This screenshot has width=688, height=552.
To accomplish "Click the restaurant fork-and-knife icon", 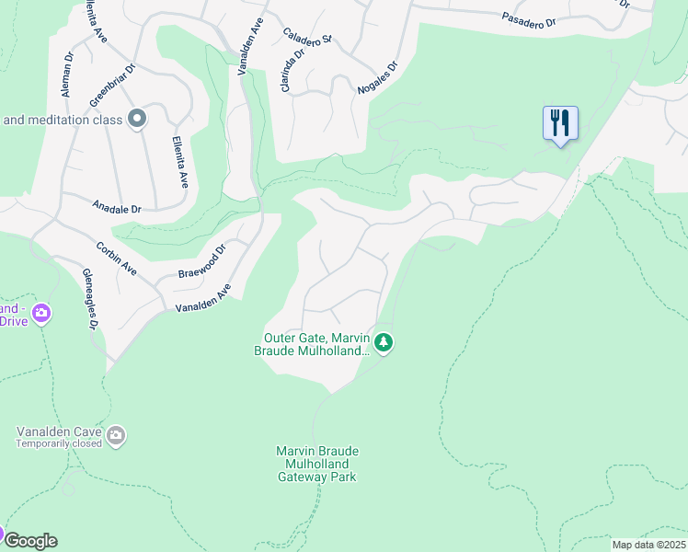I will tap(560, 122).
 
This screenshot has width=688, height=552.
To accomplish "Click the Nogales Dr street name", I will tap(378, 79).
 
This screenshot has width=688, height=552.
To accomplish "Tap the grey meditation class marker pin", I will tap(138, 119).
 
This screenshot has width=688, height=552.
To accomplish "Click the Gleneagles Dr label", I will tap(90, 300).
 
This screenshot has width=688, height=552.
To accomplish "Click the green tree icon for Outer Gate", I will tap(384, 343).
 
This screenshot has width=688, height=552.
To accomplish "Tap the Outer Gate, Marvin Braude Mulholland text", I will tap(312, 343).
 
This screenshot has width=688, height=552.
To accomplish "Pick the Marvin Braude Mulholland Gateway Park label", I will tap(316, 464).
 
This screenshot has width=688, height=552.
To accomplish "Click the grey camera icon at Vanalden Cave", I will tap(116, 434).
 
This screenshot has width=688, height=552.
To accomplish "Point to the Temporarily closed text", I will tap(58, 443).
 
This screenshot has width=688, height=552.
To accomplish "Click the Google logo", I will tap(30, 540).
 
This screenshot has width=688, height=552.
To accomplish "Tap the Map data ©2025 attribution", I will tap(648, 545).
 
